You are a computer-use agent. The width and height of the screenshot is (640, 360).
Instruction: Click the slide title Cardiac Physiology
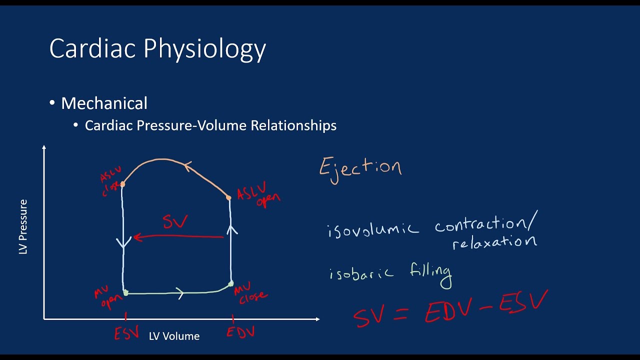coord(157,49)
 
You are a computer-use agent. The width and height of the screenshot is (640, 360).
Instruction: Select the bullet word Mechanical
coord(104,103)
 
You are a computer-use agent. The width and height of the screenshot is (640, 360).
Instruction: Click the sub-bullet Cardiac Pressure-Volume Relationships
coord(210,125)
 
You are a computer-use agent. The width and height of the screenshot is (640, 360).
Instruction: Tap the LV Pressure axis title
coord(23,226)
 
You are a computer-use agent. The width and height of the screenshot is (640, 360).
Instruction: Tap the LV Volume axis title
coord(174,336)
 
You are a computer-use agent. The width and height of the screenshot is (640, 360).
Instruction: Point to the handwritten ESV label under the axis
coord(126,333)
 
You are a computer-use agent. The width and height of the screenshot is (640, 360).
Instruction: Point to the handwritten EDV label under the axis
coord(240,332)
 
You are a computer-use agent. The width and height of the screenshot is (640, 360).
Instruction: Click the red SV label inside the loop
coord(174,221)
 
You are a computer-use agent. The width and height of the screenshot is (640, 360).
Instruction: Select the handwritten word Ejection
coord(360,167)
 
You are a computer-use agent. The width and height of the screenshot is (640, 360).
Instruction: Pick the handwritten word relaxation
coord(494,242)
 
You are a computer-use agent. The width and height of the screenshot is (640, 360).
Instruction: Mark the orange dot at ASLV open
coord(228,198)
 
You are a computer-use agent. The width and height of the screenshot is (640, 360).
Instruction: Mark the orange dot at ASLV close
coord(122,184)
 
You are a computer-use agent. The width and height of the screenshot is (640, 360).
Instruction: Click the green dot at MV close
coord(230,284)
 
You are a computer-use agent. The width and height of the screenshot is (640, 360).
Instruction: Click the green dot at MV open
coord(126,293)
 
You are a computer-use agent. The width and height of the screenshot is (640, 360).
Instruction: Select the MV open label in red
coord(108,297)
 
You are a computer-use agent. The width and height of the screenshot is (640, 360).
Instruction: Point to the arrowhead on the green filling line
coord(180,293)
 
